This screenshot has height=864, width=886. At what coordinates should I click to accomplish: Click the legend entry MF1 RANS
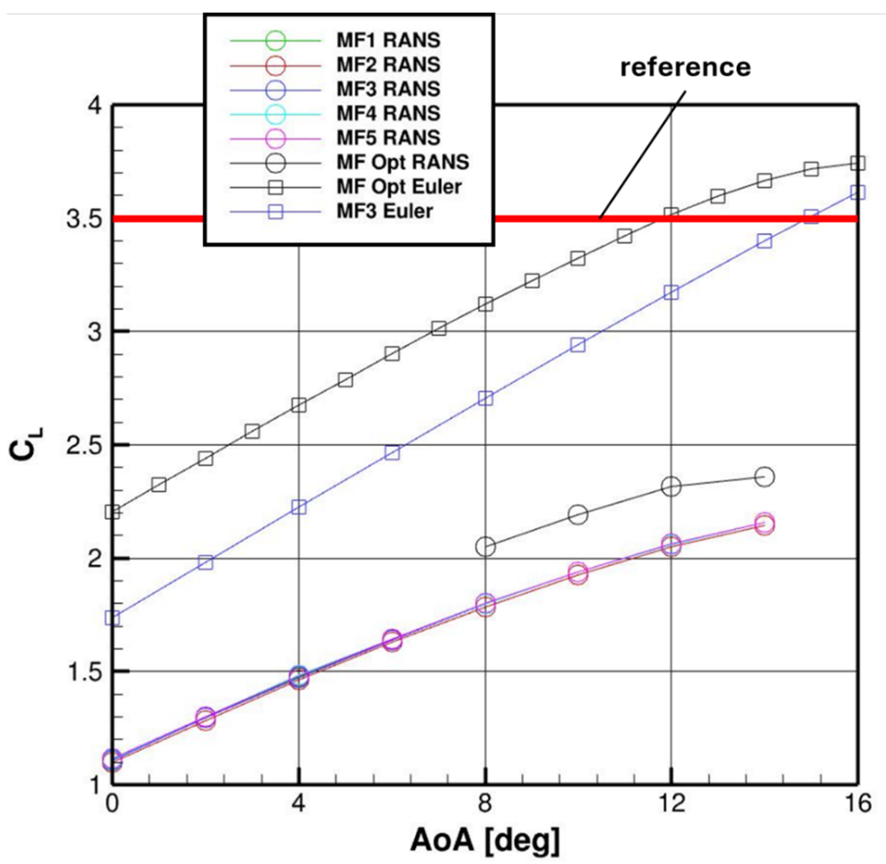click(x=388, y=40)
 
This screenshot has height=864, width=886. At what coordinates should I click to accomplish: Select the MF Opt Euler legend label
click(x=399, y=187)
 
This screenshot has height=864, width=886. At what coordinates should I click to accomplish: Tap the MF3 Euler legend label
click(x=384, y=211)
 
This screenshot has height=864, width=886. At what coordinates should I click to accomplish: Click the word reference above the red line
click(x=685, y=67)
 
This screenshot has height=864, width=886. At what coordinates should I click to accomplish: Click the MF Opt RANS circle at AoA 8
click(x=486, y=547)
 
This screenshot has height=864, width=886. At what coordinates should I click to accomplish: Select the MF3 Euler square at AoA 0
click(x=113, y=618)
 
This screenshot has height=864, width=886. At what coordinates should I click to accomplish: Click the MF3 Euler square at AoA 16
click(x=857, y=192)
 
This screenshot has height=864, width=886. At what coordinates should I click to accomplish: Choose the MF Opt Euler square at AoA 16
click(x=857, y=163)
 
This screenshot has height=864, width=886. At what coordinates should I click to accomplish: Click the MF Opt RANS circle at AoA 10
click(x=578, y=514)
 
